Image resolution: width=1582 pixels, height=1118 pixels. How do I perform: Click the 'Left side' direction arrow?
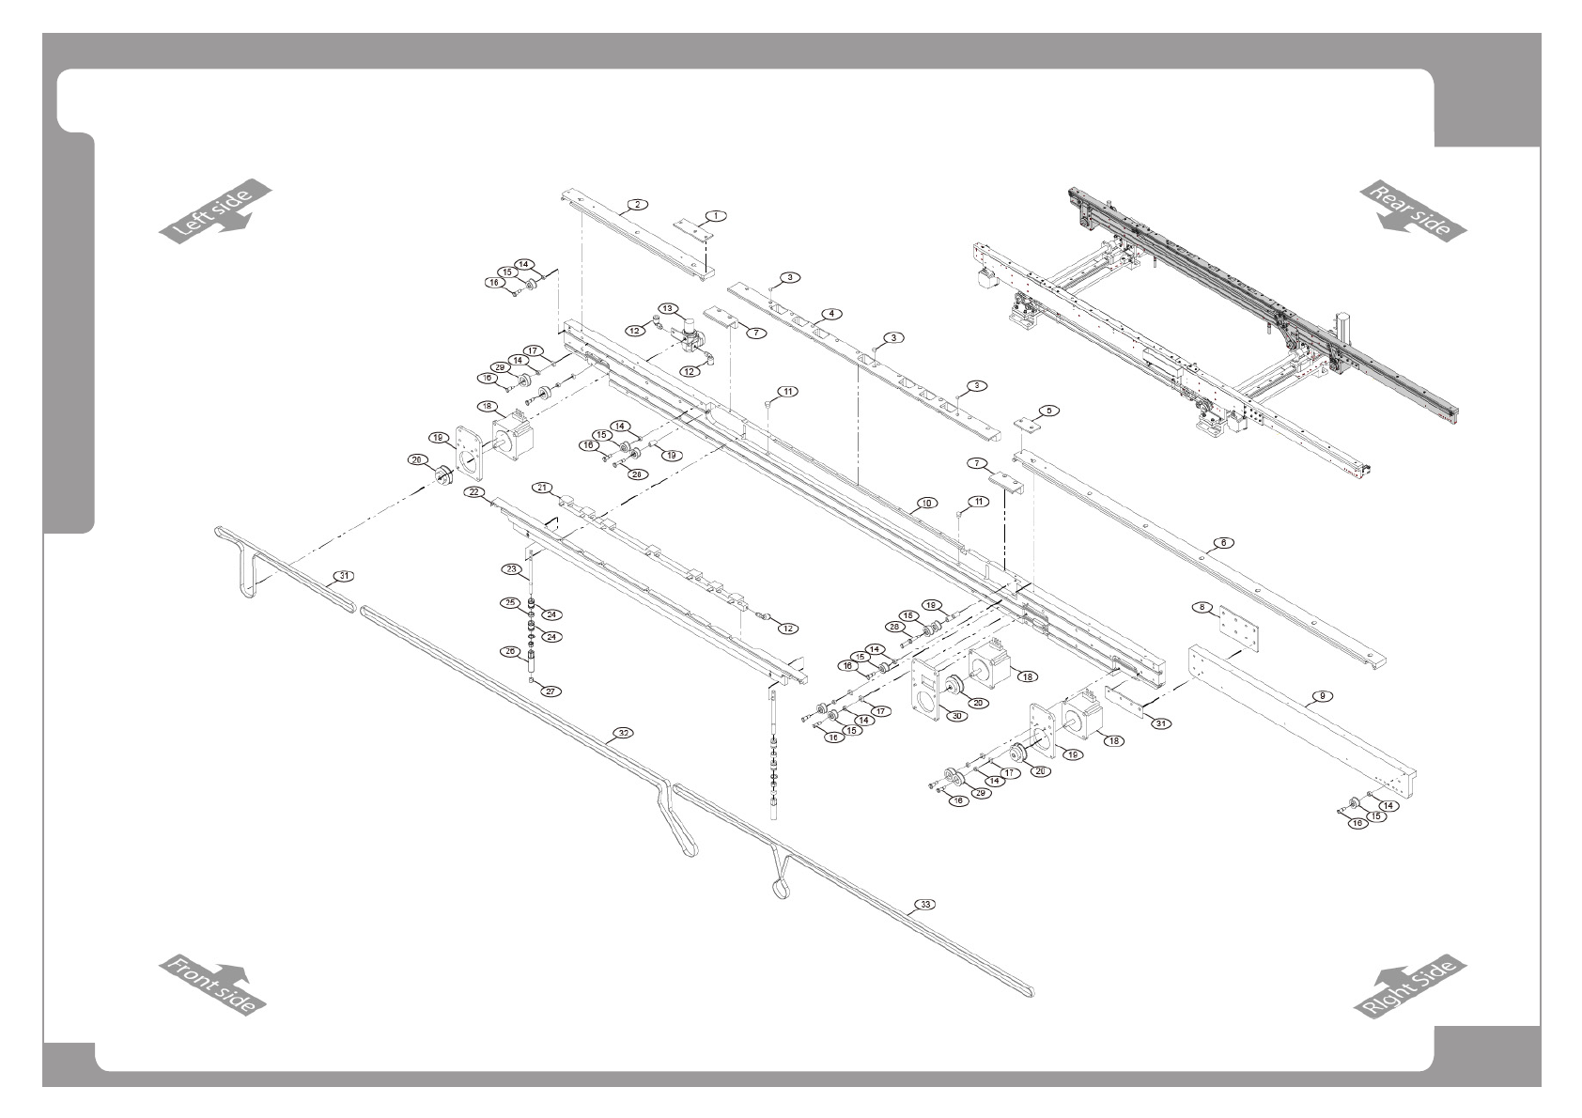pyautogui.click(x=214, y=211)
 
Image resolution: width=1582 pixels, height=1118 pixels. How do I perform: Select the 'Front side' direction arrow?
pyautogui.click(x=213, y=985)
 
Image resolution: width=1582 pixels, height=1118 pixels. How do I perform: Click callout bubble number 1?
pyautogui.click(x=716, y=215)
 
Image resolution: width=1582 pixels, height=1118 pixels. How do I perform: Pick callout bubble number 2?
pyautogui.click(x=638, y=204)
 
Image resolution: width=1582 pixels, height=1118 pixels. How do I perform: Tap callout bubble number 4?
pyautogui.click(x=830, y=313)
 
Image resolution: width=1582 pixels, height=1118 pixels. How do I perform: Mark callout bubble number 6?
pyautogui.click(x=1222, y=542)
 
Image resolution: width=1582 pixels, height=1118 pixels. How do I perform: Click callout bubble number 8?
pyautogui.click(x=1202, y=607)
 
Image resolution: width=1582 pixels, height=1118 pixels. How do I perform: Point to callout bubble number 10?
pyautogui.click(x=926, y=504)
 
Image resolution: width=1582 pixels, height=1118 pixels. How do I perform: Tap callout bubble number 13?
pyautogui.click(x=667, y=308)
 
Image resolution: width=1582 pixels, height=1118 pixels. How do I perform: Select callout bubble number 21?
pyautogui.click(x=542, y=487)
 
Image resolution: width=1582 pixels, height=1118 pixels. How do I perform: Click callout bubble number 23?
pyautogui.click(x=511, y=569)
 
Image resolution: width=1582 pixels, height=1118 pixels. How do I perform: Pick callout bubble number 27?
pyautogui.click(x=551, y=691)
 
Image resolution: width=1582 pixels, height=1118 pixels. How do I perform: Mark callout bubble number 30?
pyautogui.click(x=956, y=715)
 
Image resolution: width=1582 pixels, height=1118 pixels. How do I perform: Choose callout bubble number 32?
pyautogui.click(x=621, y=731)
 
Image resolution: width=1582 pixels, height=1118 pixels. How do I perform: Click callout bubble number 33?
pyautogui.click(x=925, y=905)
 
